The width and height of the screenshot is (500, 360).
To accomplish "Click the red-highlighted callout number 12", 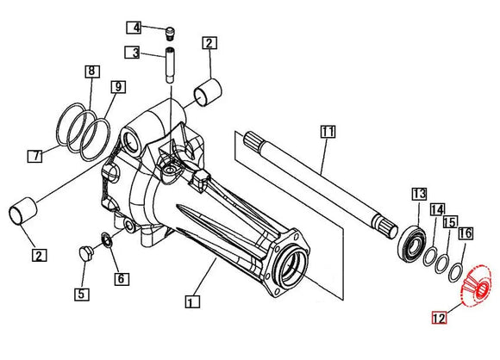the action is point(439,318).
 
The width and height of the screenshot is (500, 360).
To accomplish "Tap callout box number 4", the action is point(134,28).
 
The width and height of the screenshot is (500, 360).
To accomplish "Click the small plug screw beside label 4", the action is point(171,33).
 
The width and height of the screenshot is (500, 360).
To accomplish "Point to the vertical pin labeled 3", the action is point(170,65).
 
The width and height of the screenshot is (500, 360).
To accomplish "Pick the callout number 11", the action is point(328,132).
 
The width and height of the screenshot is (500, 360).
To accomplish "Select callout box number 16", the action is point(466,233).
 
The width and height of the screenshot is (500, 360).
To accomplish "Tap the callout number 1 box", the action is point(192,301).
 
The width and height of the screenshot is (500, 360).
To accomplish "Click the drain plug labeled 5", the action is point(85,253).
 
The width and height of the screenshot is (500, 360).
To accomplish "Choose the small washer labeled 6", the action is point(107,240).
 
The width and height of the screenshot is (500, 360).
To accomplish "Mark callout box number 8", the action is point(92,71).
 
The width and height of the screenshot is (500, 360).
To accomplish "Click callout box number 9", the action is point(118,87).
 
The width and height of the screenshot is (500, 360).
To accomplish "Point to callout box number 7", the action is point(34,156).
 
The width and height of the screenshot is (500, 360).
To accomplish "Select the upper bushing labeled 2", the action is point(208,92).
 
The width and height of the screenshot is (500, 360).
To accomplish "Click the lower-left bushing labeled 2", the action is point(23,211).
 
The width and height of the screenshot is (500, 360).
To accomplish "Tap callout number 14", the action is point(437,209).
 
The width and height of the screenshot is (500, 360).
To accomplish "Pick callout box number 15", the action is point(450,221).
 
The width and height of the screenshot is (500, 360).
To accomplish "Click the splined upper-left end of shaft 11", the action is point(253,140).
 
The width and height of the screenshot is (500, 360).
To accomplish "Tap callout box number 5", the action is point(82,294).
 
